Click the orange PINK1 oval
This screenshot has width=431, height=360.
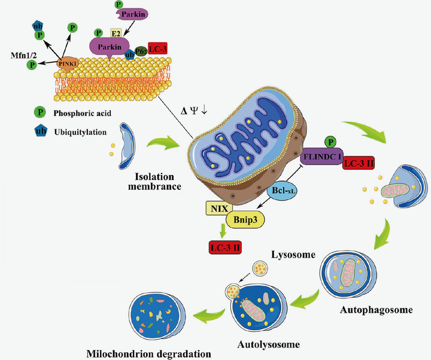tap(69, 62)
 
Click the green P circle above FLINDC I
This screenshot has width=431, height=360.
tap(329, 141)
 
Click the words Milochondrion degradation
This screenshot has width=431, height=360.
tap(148, 353)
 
